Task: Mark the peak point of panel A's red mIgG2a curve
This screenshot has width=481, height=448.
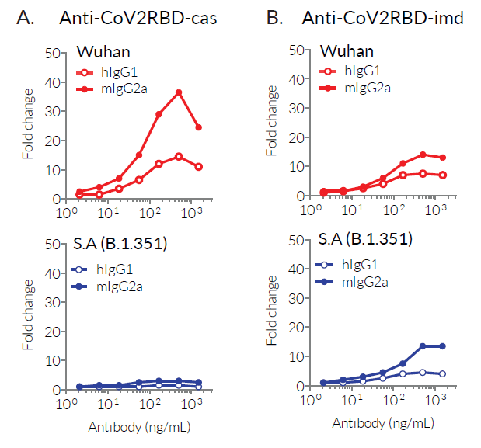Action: pyautogui.click(x=179, y=92)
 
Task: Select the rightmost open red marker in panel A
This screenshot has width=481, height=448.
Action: pyautogui.click(x=199, y=167)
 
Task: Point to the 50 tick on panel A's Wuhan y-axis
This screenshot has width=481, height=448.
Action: pyautogui.click(x=53, y=53)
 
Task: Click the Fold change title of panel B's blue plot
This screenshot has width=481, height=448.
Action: pyautogui.click(x=272, y=312)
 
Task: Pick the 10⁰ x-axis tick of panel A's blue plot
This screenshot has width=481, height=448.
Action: pyautogui.click(x=64, y=404)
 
